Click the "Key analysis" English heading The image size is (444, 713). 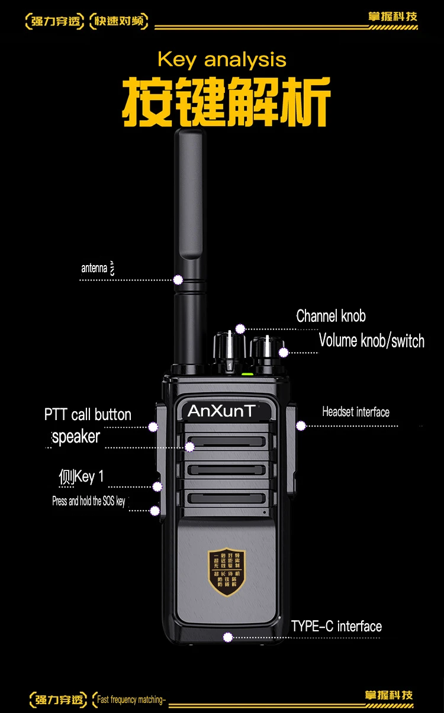pyautogui.click(x=222, y=60)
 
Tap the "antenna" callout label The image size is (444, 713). pyautogui.click(x=95, y=269)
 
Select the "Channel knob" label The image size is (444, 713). pyautogui.click(x=331, y=316)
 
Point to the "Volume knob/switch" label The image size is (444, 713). pyautogui.click(x=372, y=341)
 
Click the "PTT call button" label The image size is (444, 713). pyautogui.click(x=88, y=414)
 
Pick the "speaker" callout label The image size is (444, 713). pyautogui.click(x=76, y=437)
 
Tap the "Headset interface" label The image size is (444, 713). pyautogui.click(x=356, y=412)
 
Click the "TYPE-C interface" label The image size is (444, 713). pyautogui.click(x=336, y=627)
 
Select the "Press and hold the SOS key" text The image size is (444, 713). pyautogui.click(x=89, y=501)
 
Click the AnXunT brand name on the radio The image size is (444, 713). pyautogui.click(x=222, y=411)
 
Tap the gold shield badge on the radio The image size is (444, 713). pyautogui.click(x=227, y=572)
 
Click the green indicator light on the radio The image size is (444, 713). pyautogui.click(x=248, y=374)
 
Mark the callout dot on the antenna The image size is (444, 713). pyautogui.click(x=178, y=279)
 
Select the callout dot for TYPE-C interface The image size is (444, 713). pyautogui.click(x=228, y=637)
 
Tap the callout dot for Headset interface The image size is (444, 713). pyautogui.click(x=301, y=425)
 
